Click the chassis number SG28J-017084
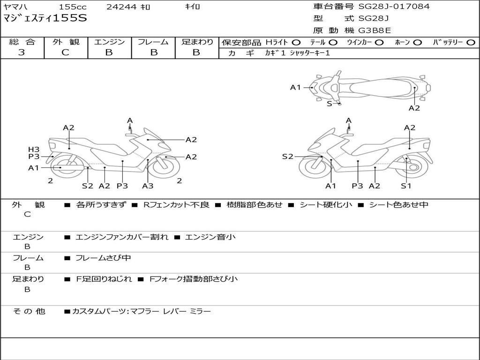394,7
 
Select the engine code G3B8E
375,31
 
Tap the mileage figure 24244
121,7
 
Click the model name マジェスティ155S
45,19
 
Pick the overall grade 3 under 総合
22,52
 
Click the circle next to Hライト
297,42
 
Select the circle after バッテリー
471,42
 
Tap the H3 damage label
34,149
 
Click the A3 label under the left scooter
148,186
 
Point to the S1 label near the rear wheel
406,186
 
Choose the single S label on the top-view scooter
330,104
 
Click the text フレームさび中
103,258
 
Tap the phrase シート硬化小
326,205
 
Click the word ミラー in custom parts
200,311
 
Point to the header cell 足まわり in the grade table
197,42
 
